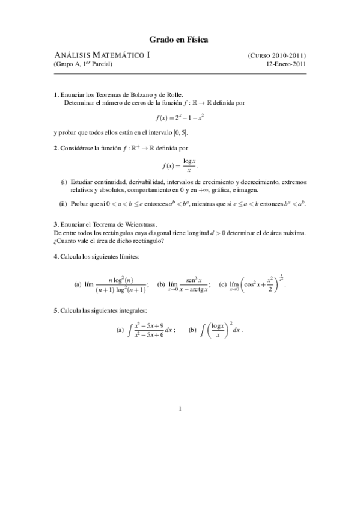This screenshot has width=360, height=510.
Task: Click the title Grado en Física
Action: pos(179,40)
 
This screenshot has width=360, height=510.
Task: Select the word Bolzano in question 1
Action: pos(133,94)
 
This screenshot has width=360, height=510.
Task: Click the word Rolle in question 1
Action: pos(163,94)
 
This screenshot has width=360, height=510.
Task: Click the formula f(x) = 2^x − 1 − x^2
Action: pos(180,117)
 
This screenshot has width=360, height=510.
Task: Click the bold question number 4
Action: pos(55,257)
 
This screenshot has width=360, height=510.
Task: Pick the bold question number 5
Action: pos(55,310)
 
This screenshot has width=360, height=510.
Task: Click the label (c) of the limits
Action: pos(223,284)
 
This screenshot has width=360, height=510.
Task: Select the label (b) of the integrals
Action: pos(192,330)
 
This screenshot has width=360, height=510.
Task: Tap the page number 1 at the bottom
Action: pos(180,410)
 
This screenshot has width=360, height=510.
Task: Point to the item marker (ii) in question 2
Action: pos(63,204)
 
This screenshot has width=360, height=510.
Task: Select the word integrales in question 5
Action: pos(132,310)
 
